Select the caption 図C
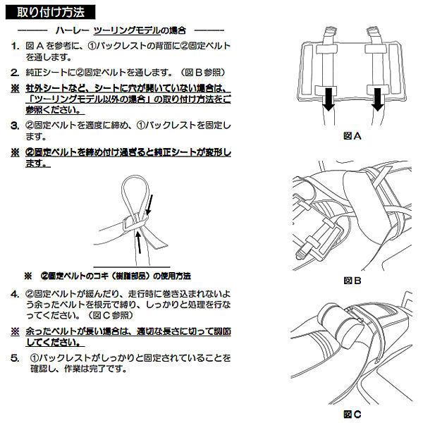point(352,413)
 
